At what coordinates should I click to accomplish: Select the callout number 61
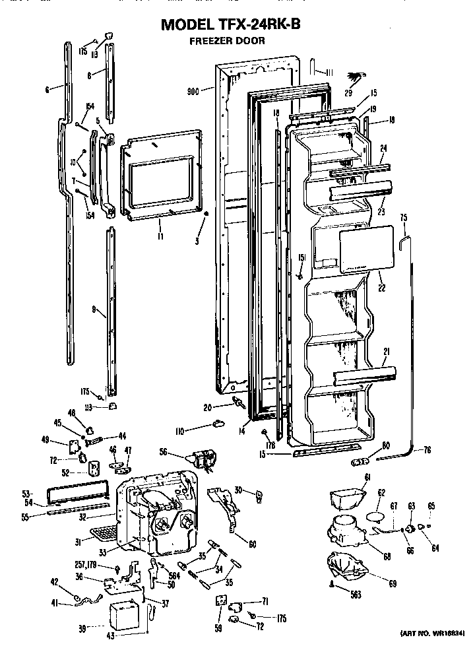[367, 477]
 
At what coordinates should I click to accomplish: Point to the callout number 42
[55, 581]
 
